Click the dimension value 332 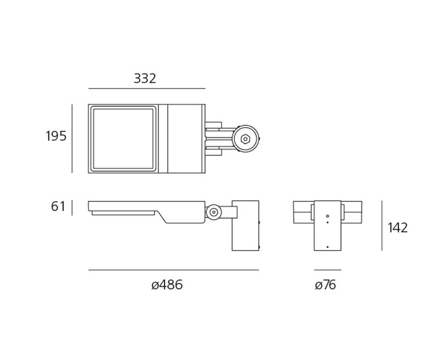pyautogui.click(x=145, y=79)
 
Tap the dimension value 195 pyautogui.click(x=56, y=136)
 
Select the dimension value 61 pyautogui.click(x=58, y=207)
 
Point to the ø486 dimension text pyautogui.click(x=167, y=285)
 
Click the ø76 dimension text pyautogui.click(x=325, y=285)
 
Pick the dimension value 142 pyautogui.click(x=398, y=228)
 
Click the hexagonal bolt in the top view pyautogui.click(x=245, y=139)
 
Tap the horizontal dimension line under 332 pyautogui.click(x=147, y=88)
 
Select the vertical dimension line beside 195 pyautogui.click(x=72, y=139)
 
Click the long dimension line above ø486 pyautogui.click(x=174, y=270)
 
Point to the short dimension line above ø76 pyautogui.click(x=328, y=270)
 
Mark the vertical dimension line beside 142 pyautogui.click(x=382, y=226)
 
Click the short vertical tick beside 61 pyautogui.click(x=72, y=208)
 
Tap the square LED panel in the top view pyautogui.click(x=123, y=139)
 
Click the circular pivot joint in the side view pyautogui.click(x=213, y=212)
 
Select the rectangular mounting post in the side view pyautogui.click(x=245, y=226)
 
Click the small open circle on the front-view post pyautogui.click(x=327, y=216)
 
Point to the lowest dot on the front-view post pyautogui.click(x=327, y=247)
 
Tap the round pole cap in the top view pyautogui.click(x=245, y=139)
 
